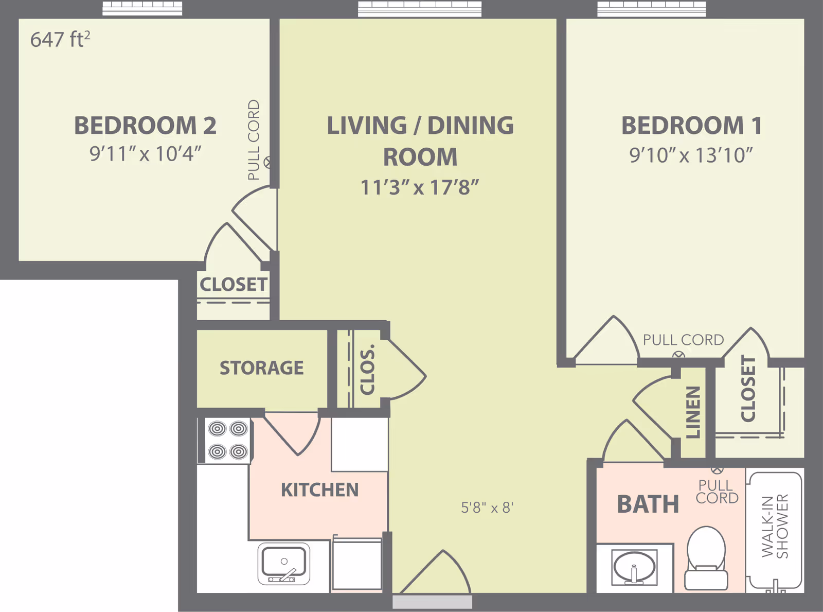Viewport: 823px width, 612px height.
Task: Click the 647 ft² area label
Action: pyautogui.click(x=60, y=39)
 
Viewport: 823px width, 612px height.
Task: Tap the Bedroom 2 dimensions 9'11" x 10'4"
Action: pyautogui.click(x=145, y=153)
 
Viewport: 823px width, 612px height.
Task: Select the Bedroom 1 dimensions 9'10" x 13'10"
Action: pyautogui.click(x=691, y=155)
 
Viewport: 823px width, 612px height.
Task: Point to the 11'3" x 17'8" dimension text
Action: pyautogui.click(x=420, y=187)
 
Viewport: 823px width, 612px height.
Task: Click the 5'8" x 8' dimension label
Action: pyautogui.click(x=487, y=508)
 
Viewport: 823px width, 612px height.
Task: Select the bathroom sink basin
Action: pyautogui.click(x=634, y=567)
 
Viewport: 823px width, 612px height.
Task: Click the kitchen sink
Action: pyautogui.click(x=284, y=563)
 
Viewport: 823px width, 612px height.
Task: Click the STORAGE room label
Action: pyautogui.click(x=262, y=368)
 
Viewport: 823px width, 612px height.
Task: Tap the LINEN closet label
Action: pyautogui.click(x=692, y=412)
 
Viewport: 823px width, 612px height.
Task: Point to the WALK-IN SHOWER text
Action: pyautogui.click(x=775, y=526)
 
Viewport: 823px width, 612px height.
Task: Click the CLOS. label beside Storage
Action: pyautogui.click(x=367, y=369)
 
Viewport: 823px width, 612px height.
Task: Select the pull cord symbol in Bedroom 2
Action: pyautogui.click(x=267, y=163)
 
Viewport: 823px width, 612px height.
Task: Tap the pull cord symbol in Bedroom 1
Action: pyautogui.click(x=678, y=356)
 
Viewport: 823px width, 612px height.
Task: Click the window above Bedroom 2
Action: pyautogui.click(x=142, y=8)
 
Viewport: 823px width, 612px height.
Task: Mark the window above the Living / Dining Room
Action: pyautogui.click(x=420, y=9)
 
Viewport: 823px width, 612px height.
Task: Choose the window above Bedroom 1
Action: pyautogui.click(x=652, y=9)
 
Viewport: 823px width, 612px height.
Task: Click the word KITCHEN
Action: pyautogui.click(x=320, y=490)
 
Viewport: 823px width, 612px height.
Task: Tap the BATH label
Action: pyautogui.click(x=648, y=504)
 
